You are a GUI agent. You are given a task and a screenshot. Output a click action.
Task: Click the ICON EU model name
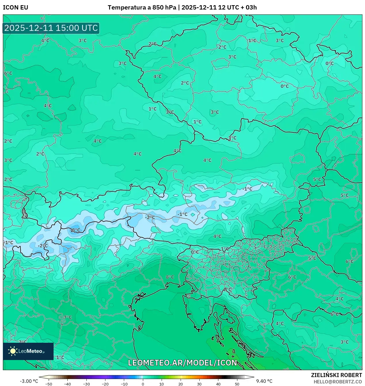click(x=16, y=8)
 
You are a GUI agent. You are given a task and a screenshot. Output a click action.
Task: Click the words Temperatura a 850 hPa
click(x=142, y=8)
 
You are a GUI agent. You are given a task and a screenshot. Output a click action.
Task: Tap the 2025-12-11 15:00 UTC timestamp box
click(x=51, y=28)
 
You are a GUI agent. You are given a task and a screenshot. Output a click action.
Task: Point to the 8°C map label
click(x=170, y=277)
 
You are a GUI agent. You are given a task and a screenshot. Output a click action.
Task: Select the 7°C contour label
click(x=68, y=317)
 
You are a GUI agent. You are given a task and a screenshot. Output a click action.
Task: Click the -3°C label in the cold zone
click(x=75, y=230)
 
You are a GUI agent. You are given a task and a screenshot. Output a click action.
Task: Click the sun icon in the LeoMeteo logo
click(x=13, y=351)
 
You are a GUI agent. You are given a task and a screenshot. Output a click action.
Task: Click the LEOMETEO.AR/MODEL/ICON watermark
click(x=182, y=363)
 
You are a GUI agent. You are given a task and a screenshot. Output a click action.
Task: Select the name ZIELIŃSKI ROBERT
click(x=336, y=375)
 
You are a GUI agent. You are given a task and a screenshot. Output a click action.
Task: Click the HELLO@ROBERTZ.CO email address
click(x=338, y=382)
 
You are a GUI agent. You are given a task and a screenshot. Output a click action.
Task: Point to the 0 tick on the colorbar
click(x=143, y=384)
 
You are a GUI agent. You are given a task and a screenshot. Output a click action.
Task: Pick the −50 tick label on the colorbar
click(x=49, y=384)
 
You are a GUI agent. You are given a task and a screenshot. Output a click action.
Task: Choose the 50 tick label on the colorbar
click(x=237, y=384)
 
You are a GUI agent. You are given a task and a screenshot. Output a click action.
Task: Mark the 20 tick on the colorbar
click(x=181, y=384)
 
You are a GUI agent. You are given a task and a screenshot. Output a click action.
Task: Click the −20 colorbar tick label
click(x=105, y=384)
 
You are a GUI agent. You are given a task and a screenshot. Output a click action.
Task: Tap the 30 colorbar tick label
click(x=199, y=384)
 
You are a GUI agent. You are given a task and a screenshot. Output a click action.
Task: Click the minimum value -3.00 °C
click(x=29, y=381)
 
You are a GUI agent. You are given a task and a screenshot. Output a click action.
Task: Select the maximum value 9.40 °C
click(x=264, y=381)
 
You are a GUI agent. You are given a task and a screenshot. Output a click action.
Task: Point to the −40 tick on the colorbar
click(x=67, y=384)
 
